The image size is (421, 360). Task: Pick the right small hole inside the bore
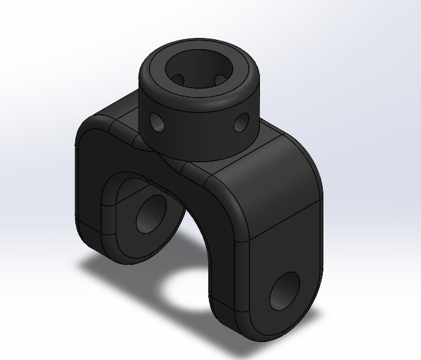coord(220,79)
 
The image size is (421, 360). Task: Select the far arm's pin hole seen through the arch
coord(150,214)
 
